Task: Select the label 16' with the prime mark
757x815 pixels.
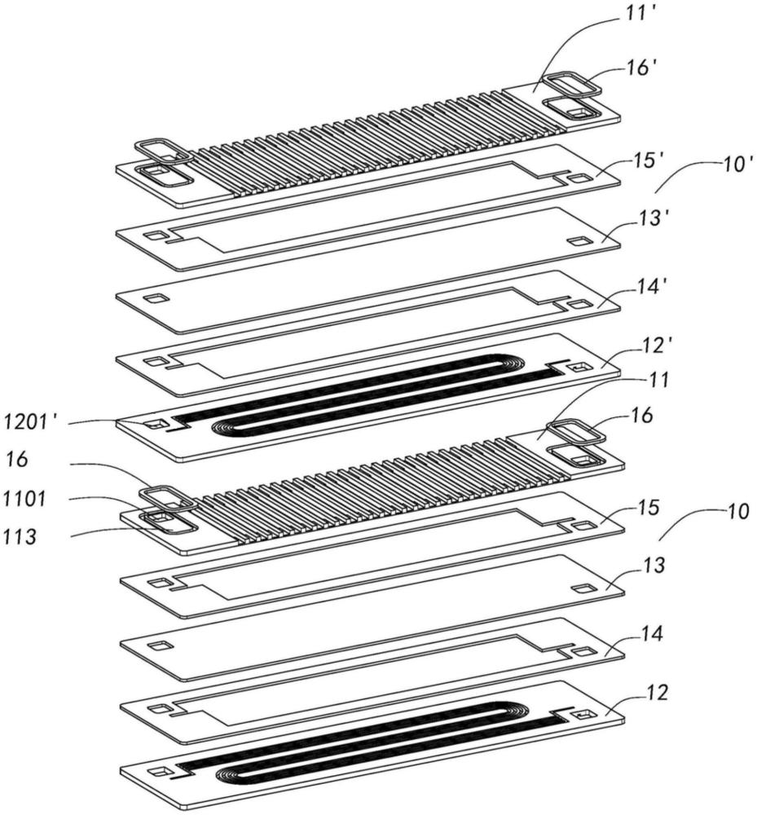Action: (x=643, y=68)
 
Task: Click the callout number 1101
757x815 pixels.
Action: (x=25, y=500)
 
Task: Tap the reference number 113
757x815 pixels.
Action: (x=20, y=536)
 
